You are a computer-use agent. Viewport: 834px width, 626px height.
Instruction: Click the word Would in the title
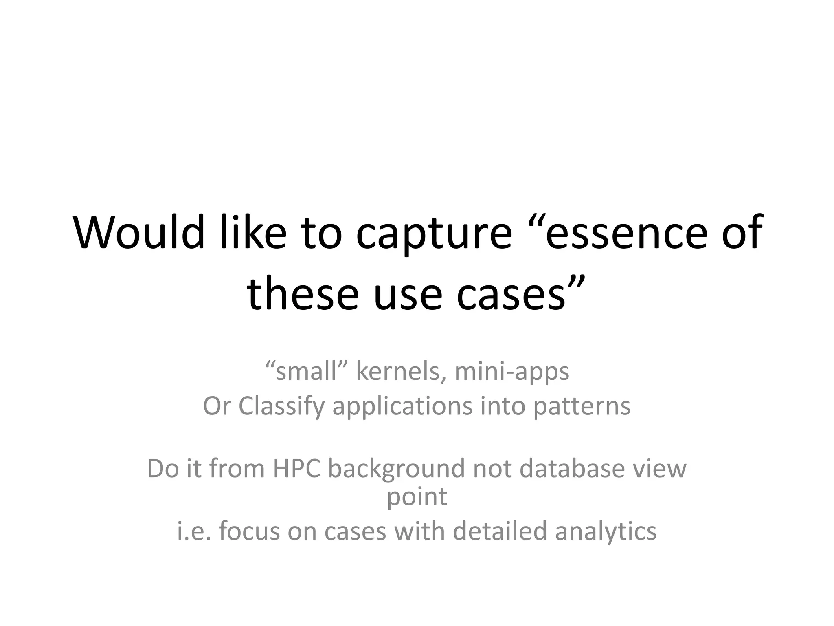[138, 232]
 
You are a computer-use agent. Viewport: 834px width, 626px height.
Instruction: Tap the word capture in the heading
[433, 234]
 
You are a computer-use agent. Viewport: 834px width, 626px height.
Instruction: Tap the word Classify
[281, 406]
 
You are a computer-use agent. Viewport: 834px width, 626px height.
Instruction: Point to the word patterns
[582, 407]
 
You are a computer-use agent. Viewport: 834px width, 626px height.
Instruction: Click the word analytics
[606, 532]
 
